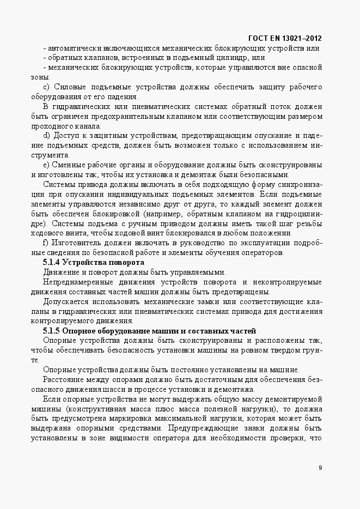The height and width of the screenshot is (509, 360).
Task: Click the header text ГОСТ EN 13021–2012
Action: pyautogui.click(x=284, y=38)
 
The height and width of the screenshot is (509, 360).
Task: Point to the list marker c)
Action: pyautogui.click(x=46, y=87)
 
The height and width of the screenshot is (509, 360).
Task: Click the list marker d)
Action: pyautogui.click(x=46, y=135)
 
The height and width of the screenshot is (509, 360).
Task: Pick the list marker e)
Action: pyautogui.click(x=46, y=165)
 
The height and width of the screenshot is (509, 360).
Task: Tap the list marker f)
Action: pyautogui.click(x=46, y=242)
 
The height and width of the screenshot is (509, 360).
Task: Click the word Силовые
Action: pyautogui.click(x=68, y=87)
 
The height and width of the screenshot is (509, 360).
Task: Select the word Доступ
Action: pyautogui.click(x=67, y=135)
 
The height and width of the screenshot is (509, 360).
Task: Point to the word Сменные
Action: pyautogui.click(x=69, y=165)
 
